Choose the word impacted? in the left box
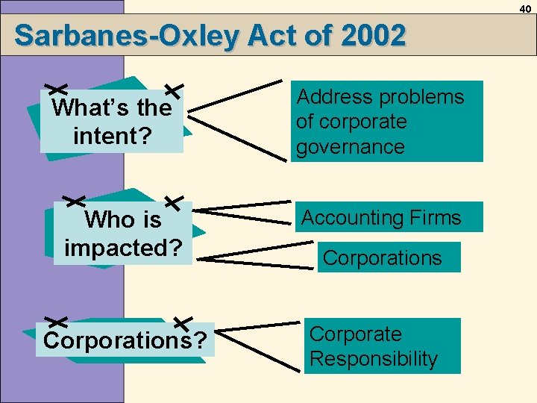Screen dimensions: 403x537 point(123,247)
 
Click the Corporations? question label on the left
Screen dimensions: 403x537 point(125,340)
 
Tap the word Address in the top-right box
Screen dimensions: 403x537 point(328,97)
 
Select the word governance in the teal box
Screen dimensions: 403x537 point(350,147)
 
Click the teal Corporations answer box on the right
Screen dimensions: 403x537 point(389,258)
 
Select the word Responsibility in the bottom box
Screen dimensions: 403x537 point(373,359)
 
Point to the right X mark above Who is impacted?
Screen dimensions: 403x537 point(173,201)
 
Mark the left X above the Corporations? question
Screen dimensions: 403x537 point(57,321)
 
